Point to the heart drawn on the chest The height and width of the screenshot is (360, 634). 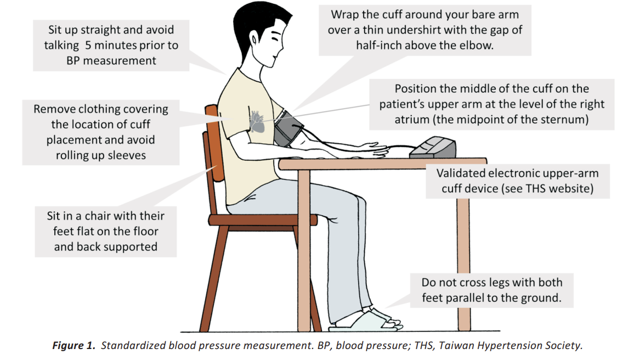[257, 120]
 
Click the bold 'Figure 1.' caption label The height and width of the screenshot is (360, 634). [74, 346]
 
